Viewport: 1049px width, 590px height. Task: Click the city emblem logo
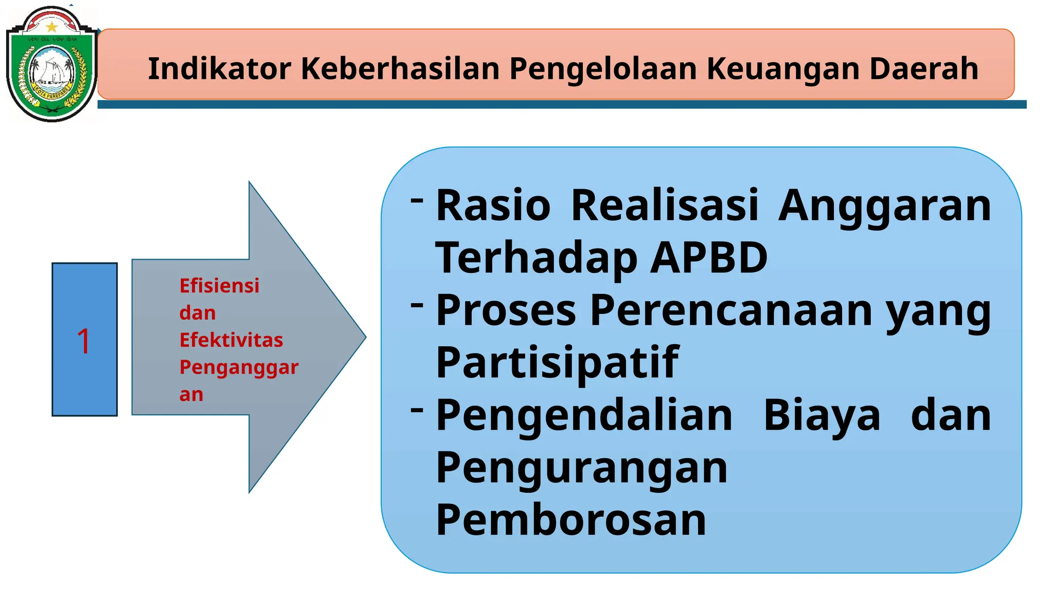(51, 64)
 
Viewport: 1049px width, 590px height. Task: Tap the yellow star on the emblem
(52, 26)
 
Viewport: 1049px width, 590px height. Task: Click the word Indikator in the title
(219, 68)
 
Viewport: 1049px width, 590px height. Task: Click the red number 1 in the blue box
(84, 341)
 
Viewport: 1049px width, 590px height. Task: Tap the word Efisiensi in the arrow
(219, 285)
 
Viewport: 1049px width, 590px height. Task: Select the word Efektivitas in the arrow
(231, 340)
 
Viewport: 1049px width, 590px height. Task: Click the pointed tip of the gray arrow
(366, 337)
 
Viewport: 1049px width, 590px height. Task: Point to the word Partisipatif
(557, 363)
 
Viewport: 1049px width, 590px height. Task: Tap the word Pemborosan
(571, 519)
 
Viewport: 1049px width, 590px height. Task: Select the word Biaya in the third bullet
(822, 416)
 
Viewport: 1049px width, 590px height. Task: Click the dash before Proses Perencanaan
(417, 305)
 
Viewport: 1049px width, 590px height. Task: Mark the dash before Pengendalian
(417, 409)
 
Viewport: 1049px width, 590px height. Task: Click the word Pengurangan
(581, 468)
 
